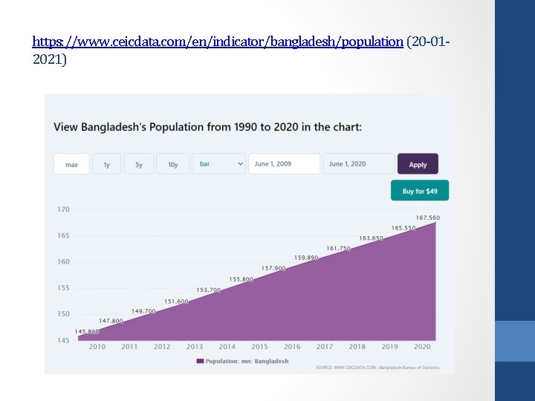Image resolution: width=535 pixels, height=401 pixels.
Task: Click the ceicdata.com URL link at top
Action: (x=218, y=42)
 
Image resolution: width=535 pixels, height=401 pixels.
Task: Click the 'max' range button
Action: (x=71, y=164)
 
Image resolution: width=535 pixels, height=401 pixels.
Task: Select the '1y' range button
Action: (x=107, y=164)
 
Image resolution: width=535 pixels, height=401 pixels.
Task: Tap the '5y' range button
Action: (x=139, y=164)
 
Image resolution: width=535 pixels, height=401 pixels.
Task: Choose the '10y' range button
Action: (x=172, y=164)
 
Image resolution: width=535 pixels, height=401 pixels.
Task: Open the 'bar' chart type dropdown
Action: (x=219, y=164)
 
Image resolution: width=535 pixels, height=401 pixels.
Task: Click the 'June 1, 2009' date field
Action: (x=284, y=164)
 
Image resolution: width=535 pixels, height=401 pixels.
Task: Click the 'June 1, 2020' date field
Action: (x=358, y=164)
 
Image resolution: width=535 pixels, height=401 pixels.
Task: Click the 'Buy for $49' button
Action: (x=420, y=191)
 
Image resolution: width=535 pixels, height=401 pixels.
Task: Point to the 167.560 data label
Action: (x=427, y=218)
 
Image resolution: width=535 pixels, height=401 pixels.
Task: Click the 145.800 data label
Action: (x=87, y=331)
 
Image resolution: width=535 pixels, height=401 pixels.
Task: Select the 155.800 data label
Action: (x=241, y=279)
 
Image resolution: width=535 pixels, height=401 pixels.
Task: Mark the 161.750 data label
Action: (x=338, y=248)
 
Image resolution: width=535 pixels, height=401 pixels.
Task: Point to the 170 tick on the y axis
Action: (x=63, y=209)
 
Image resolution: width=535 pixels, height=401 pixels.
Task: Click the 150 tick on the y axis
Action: (x=63, y=314)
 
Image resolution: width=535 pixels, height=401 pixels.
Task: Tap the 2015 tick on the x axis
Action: (x=259, y=347)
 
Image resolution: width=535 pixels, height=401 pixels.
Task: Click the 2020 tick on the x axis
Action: (x=422, y=347)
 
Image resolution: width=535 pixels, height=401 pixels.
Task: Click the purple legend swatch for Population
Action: (x=200, y=361)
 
